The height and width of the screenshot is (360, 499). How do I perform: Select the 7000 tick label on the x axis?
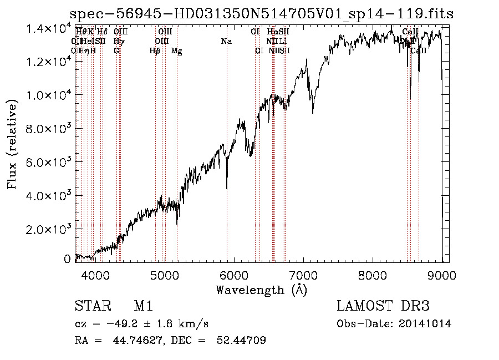[x=303, y=275]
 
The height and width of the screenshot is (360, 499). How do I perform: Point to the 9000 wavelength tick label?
[x=442, y=275]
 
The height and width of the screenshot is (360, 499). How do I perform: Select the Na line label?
[x=226, y=42]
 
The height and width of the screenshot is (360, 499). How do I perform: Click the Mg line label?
[x=176, y=51]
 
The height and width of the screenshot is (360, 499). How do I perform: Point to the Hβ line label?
[x=155, y=51]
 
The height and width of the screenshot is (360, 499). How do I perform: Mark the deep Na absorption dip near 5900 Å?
[x=227, y=186]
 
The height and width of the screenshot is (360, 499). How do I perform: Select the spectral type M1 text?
[x=143, y=306]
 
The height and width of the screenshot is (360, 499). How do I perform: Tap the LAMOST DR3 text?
[x=383, y=306]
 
